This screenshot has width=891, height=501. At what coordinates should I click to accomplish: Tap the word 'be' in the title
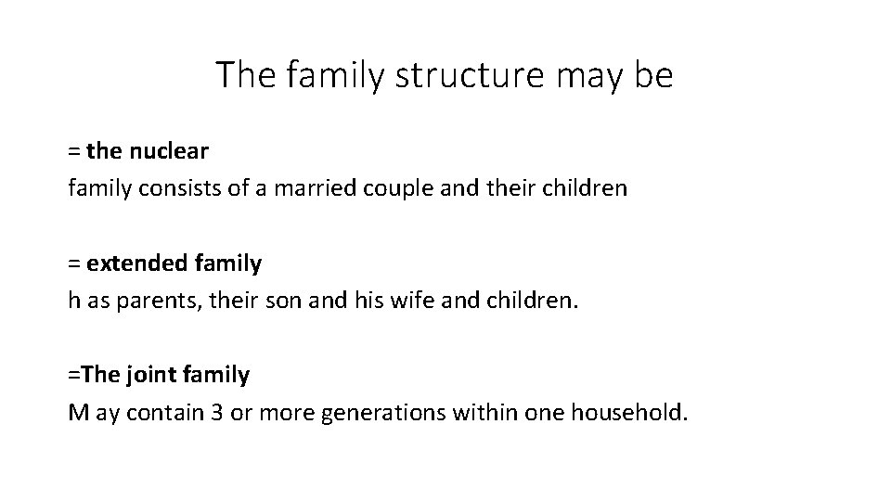pos(653,75)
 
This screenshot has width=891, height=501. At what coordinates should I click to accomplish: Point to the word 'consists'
pos(167,188)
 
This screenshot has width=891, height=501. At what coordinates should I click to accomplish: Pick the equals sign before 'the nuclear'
pos(73,150)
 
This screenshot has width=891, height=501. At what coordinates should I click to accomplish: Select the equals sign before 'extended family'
pos(73,263)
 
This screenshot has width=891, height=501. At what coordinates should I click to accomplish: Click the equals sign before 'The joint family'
pos(73,375)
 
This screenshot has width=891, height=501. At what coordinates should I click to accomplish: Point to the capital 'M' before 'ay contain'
pos(78,413)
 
